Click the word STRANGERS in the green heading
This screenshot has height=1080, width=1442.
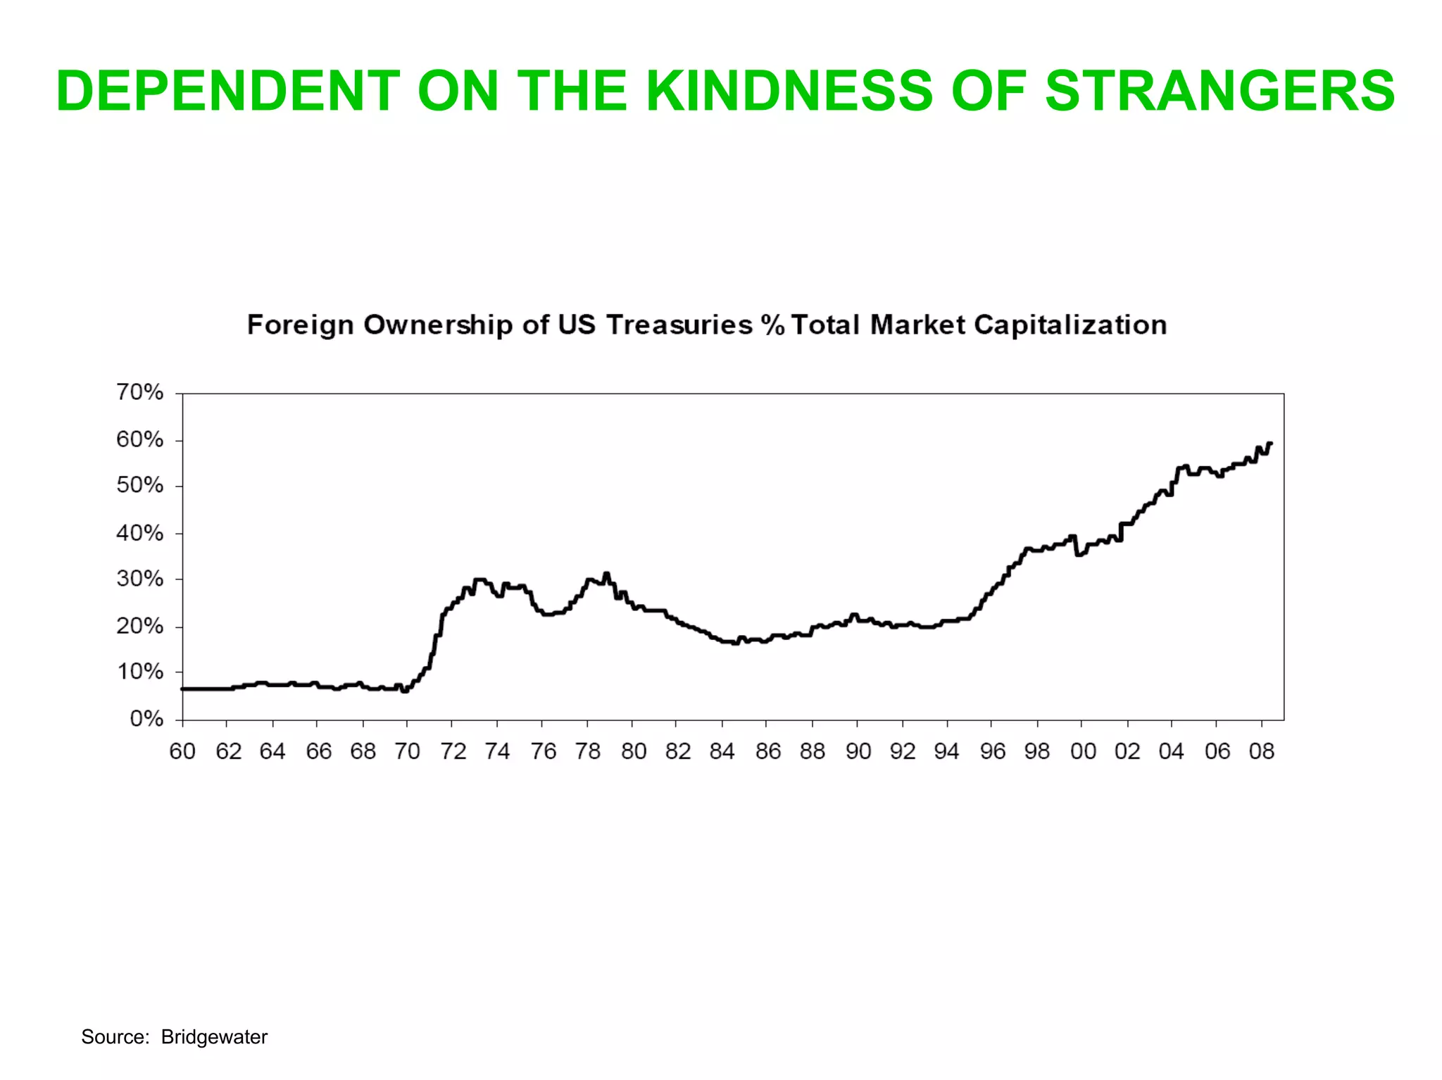click(1220, 91)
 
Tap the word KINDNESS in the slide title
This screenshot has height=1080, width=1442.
click(789, 91)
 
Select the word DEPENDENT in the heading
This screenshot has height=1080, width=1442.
click(228, 91)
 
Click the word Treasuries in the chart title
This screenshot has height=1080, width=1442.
click(679, 325)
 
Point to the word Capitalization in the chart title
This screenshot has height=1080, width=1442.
click(1070, 325)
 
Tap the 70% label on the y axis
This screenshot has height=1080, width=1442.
click(139, 392)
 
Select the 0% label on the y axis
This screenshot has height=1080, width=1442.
click(146, 719)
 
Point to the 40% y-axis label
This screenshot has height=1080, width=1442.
click(139, 533)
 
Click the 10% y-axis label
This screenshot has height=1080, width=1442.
click(139, 672)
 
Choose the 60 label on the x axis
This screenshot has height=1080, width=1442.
click(182, 751)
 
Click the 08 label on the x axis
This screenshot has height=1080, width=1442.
click(1262, 751)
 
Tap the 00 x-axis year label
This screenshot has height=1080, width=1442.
click(1083, 751)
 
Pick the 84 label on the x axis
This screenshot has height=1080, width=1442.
click(722, 751)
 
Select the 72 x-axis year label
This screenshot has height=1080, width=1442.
click(453, 751)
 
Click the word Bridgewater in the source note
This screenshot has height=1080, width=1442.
click(214, 1036)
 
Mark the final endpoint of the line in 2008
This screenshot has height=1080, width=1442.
click(1270, 444)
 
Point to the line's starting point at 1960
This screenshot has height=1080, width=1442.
click(183, 689)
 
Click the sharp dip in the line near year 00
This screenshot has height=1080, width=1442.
click(1078, 555)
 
